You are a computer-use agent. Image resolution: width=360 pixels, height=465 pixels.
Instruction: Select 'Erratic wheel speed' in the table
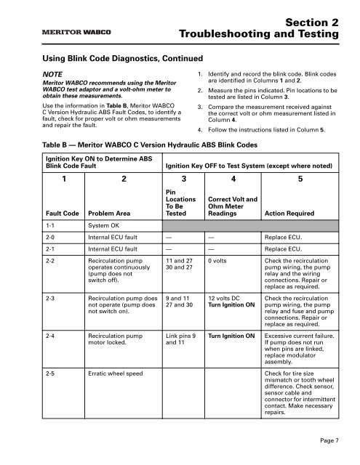[x=119, y=374]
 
